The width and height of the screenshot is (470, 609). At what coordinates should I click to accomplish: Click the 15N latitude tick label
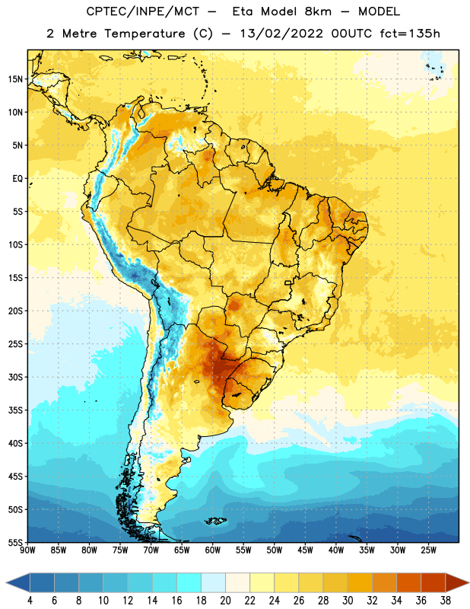point(15,79)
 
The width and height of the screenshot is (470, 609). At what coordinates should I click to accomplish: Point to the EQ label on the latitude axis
point(17,179)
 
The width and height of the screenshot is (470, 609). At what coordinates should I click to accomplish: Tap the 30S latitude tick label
point(15,377)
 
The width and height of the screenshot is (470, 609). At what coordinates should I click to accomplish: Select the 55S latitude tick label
point(15,542)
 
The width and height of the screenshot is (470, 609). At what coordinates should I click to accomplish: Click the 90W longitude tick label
point(27,550)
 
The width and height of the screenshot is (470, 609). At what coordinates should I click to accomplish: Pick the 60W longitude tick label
point(213,550)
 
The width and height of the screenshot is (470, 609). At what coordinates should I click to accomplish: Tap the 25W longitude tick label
point(428,550)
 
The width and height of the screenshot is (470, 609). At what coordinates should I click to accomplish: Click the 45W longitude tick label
point(305,550)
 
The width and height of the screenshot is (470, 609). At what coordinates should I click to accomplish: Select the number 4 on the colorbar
point(30,601)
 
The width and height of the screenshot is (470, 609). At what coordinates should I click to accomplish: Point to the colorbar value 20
point(225,601)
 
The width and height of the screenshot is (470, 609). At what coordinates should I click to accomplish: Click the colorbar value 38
point(446,601)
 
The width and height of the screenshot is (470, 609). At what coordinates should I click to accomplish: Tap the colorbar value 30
point(348,601)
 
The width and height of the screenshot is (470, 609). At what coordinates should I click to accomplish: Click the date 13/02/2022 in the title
point(281,33)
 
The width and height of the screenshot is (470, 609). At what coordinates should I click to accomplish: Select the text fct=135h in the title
point(410,33)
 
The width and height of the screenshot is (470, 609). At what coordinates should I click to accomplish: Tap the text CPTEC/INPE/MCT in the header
point(143,11)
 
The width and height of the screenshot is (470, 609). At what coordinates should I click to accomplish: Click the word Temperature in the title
point(144,34)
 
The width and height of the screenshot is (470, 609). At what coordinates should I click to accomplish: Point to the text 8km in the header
point(318,11)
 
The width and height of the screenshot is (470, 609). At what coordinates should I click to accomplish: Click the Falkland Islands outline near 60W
point(215,521)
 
